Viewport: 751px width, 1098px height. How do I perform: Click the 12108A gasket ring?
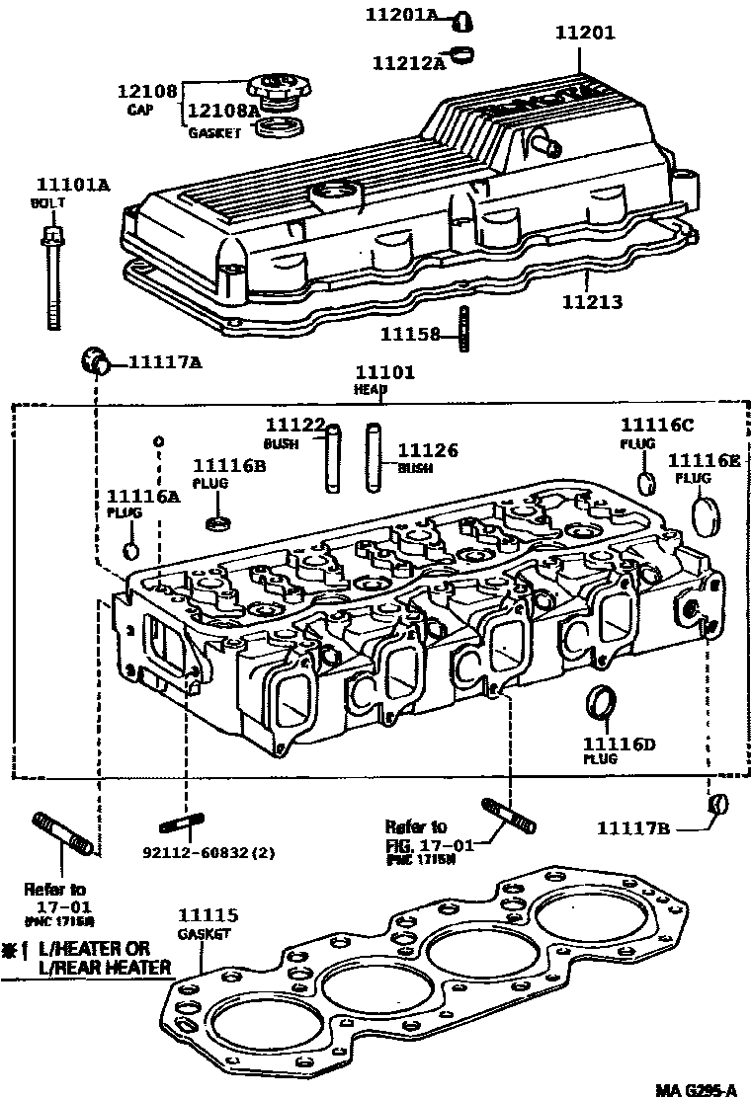(x=283, y=125)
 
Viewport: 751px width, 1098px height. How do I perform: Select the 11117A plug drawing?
(x=96, y=360)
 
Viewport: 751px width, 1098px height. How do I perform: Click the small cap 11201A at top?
(x=462, y=19)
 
